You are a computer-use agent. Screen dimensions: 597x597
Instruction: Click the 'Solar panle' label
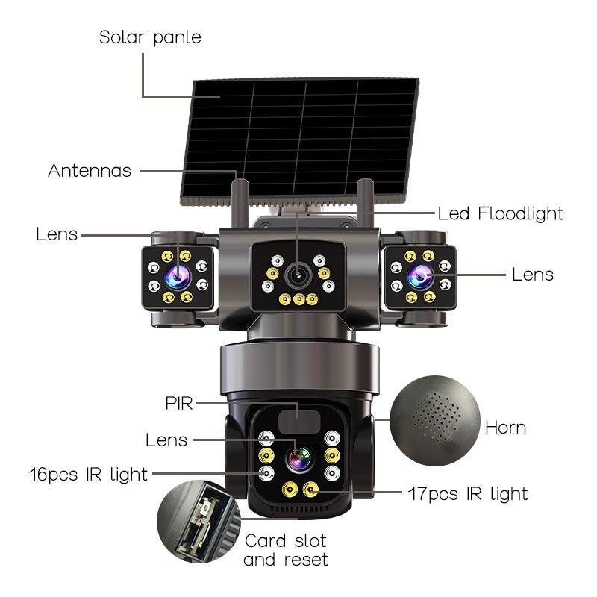150,38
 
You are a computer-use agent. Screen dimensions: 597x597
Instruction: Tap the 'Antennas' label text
90,171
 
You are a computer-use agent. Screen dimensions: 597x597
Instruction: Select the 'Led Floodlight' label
501,213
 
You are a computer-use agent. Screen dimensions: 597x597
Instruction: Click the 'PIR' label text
179,404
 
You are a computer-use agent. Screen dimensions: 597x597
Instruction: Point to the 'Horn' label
506,428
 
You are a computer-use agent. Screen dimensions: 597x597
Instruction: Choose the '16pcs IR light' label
88,475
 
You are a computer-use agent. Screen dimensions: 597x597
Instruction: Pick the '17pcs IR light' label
468,494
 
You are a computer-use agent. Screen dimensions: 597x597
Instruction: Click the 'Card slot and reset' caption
286,550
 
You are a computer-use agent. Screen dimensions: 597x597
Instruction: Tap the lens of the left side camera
178,277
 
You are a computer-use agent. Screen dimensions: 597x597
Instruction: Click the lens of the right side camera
420,277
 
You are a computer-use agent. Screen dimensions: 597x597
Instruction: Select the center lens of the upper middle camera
298,274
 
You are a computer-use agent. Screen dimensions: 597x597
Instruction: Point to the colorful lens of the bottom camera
300,460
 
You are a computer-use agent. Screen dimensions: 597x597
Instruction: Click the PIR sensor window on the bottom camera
299,422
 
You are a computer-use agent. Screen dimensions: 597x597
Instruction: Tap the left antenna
240,202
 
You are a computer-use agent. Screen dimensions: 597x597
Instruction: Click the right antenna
365,202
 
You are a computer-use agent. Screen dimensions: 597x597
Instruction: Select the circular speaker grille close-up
435,421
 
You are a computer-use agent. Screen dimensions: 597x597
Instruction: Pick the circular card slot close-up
199,521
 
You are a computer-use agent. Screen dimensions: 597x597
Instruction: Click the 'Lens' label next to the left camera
57,234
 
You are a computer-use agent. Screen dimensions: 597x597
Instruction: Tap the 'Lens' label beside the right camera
533,275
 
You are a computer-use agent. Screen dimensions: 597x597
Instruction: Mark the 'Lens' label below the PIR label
166,440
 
